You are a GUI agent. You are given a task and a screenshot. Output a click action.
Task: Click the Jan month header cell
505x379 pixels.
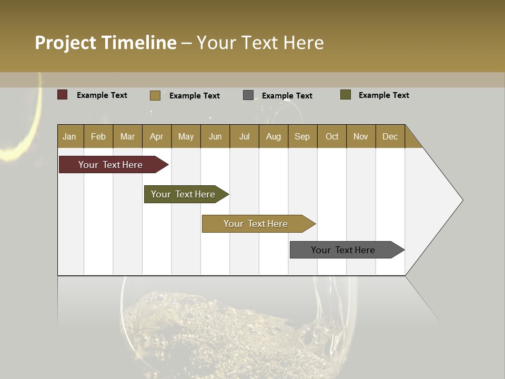click(x=70, y=136)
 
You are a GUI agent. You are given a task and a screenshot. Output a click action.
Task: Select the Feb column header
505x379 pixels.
click(x=98, y=136)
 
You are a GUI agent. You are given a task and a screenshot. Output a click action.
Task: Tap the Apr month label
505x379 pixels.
click(x=157, y=136)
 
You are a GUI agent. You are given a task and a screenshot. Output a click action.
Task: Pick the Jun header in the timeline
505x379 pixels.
click(x=215, y=136)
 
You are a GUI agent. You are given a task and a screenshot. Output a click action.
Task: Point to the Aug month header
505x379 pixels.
click(x=274, y=136)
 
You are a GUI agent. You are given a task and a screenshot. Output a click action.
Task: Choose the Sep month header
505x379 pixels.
click(x=302, y=136)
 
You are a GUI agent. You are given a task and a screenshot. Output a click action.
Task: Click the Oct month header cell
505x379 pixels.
click(x=332, y=136)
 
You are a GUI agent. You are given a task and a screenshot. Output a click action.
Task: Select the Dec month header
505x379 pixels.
click(x=390, y=136)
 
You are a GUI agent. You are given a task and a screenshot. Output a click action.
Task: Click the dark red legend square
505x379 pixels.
click(x=62, y=95)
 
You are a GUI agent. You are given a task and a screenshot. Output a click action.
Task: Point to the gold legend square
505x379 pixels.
click(x=155, y=95)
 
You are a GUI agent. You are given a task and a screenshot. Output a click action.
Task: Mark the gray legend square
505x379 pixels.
click(x=248, y=95)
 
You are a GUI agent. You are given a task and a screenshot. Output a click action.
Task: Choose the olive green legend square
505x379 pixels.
click(x=346, y=95)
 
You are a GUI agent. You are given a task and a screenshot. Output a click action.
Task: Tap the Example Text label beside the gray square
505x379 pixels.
click(x=287, y=95)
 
